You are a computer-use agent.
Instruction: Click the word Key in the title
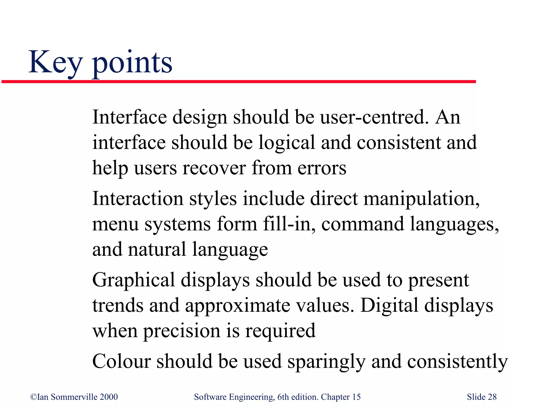pyautogui.click(x=55, y=63)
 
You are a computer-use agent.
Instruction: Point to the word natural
pyautogui.click(x=157, y=249)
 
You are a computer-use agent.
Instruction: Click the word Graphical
pyautogui.click(x=134, y=280)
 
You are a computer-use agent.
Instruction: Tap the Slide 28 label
pyautogui.click(x=482, y=397)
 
